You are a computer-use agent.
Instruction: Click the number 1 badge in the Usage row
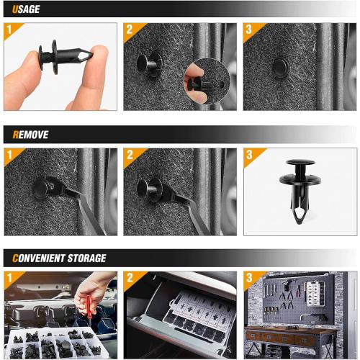point(11,30)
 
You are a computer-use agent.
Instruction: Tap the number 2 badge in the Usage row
point(130,30)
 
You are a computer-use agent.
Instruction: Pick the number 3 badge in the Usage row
point(250,30)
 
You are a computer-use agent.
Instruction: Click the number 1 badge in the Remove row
point(11,155)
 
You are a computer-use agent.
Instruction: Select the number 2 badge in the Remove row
point(130,155)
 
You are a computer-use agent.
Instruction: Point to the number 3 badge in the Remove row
point(250,155)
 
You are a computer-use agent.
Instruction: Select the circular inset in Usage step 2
point(207,81)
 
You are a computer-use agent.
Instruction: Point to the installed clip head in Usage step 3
point(281,68)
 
